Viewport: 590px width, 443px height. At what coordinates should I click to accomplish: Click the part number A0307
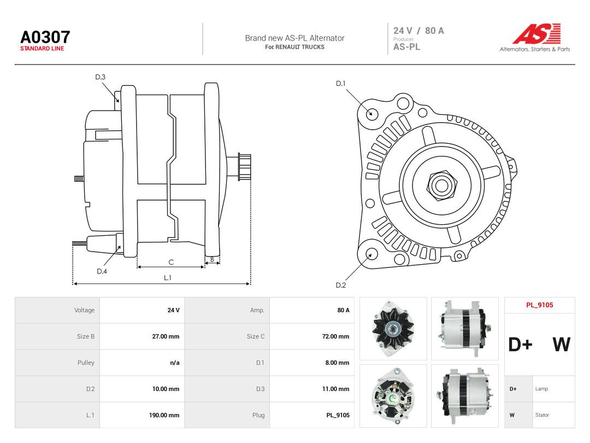point(45,37)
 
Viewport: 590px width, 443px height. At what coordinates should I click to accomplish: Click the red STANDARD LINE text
point(42,49)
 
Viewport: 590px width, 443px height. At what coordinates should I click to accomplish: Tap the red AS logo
point(536,34)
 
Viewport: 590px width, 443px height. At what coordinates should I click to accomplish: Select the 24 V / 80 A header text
point(418,31)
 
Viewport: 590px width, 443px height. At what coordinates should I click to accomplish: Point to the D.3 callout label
point(100,77)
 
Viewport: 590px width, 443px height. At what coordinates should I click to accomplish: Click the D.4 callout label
point(102,271)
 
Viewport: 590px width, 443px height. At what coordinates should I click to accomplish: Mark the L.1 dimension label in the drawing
point(168,278)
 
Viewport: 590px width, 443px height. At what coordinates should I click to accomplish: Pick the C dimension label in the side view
point(171,262)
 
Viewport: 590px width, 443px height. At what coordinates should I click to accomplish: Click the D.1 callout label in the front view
point(340,83)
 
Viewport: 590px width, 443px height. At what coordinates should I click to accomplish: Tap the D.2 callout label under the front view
point(340,285)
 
